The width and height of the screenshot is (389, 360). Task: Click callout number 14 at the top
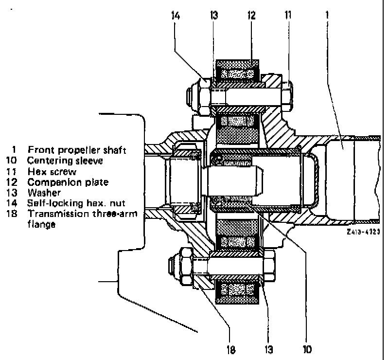click(176, 16)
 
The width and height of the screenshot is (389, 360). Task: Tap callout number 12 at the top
click(251, 16)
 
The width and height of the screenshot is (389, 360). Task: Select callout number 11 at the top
click(288, 16)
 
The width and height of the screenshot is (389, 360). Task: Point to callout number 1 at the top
click(327, 15)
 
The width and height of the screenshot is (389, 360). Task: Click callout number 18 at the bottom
click(230, 350)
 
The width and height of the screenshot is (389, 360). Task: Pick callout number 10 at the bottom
click(307, 350)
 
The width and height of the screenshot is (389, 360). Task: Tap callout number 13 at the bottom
click(269, 350)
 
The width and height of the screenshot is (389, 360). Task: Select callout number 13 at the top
click(214, 16)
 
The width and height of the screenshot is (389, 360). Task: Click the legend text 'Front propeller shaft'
click(77, 150)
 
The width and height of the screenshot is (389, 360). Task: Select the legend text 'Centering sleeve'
click(65, 161)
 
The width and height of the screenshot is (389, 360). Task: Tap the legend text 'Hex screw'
click(52, 172)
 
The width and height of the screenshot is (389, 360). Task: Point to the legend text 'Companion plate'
click(68, 182)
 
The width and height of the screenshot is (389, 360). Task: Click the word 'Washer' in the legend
click(44, 193)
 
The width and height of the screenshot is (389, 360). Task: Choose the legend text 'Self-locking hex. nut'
click(76, 203)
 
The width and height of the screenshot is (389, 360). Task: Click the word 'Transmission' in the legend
click(58, 214)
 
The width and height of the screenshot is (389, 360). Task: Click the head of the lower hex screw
click(269, 266)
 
